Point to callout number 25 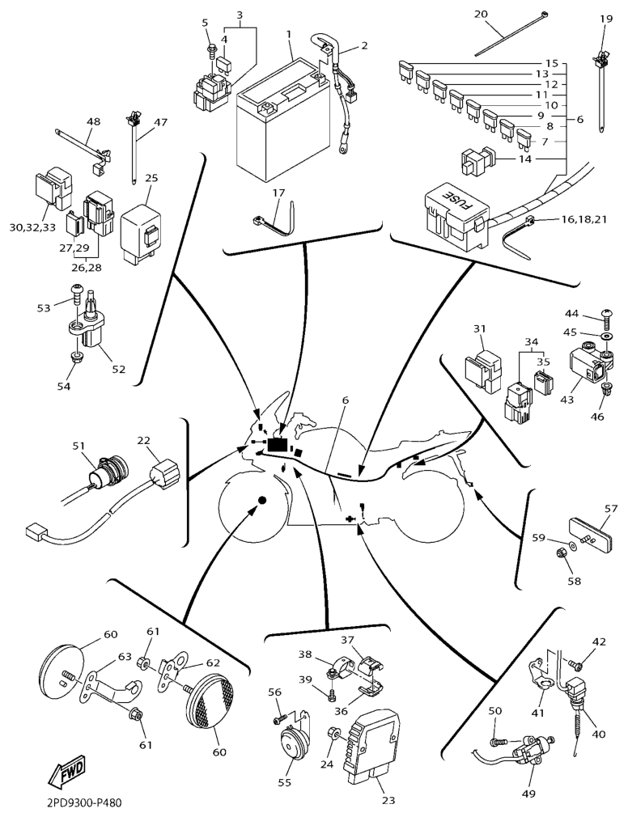[x=151, y=178]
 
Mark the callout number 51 [x=78, y=446]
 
